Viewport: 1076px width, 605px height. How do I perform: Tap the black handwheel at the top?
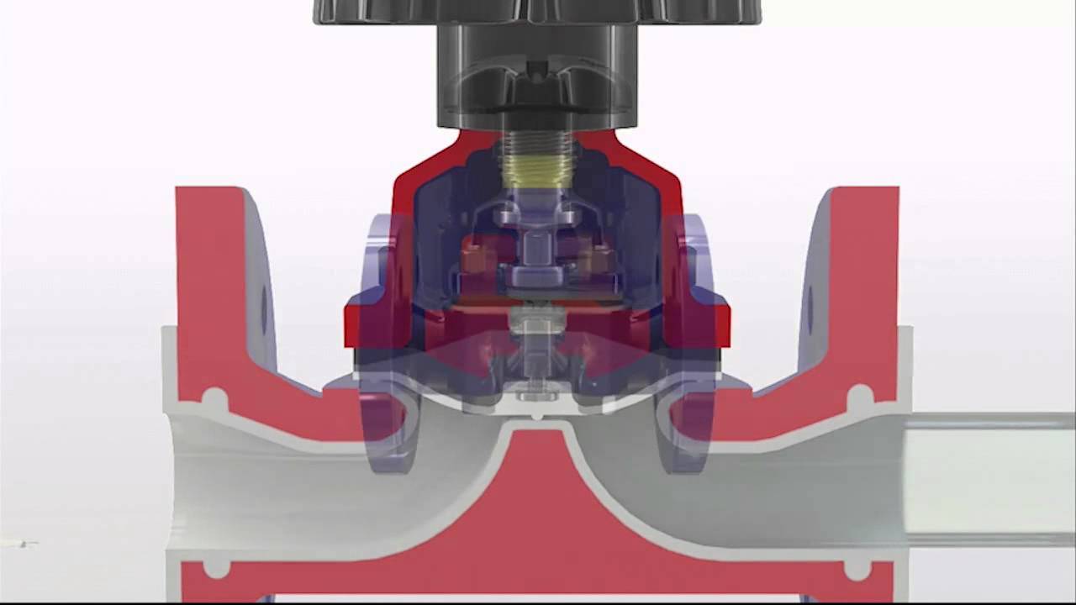click(x=537, y=10)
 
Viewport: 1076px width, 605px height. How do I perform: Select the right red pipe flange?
click(x=866, y=277)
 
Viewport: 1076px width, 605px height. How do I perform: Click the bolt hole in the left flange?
click(x=264, y=308)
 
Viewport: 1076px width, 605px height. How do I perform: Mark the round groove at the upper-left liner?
click(x=215, y=397)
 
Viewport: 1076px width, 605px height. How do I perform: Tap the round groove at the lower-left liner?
click(x=216, y=569)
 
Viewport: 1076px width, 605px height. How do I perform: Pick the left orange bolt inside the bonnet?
click(x=475, y=256)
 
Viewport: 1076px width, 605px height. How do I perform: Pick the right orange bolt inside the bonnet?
click(x=599, y=256)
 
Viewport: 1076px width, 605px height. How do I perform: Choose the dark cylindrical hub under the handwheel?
click(x=537, y=76)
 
